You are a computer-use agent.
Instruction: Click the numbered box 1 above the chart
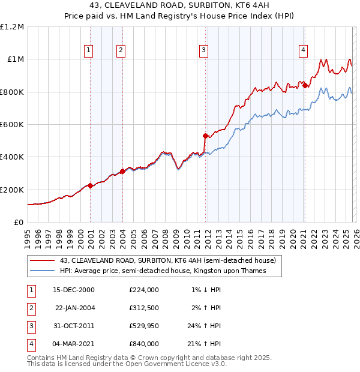(89, 50)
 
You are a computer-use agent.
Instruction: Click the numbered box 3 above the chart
(204, 50)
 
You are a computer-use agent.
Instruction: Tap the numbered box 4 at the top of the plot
(304, 50)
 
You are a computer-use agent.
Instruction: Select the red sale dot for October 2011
(205, 136)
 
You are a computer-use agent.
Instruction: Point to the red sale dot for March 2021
(305, 85)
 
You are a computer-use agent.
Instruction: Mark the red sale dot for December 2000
(91, 185)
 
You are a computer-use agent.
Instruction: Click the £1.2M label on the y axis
(12, 27)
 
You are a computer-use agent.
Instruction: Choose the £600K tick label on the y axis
(12, 125)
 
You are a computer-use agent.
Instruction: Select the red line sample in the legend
(42, 260)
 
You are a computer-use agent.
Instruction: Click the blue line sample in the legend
(42, 271)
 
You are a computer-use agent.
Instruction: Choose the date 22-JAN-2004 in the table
(74, 307)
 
